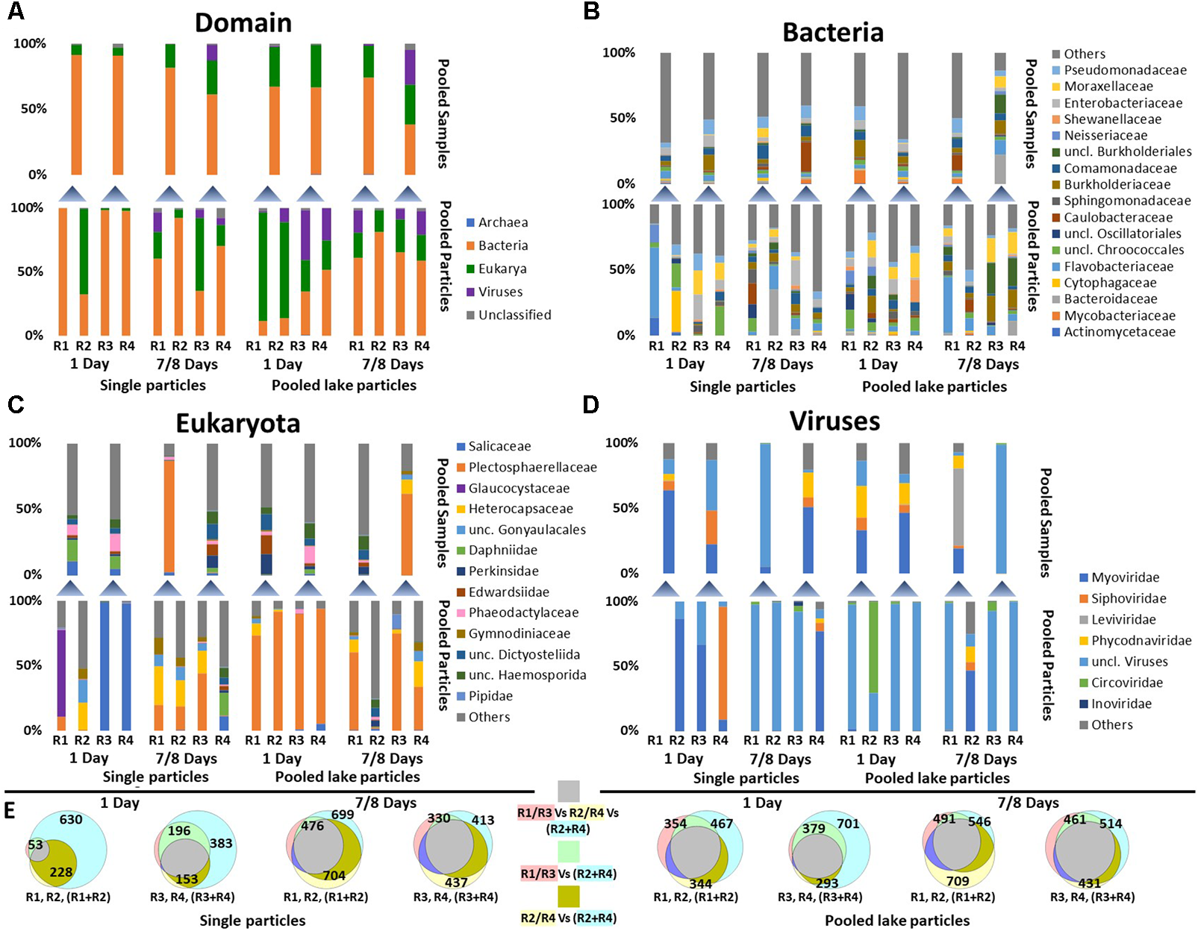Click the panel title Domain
click(243, 23)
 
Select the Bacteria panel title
click(832, 33)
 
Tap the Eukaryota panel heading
click(237, 424)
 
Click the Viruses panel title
click(834, 421)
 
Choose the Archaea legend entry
click(502, 222)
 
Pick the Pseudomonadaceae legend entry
click(1125, 70)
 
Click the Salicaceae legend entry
click(499, 446)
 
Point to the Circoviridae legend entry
click(1126, 683)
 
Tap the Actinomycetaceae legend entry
click(1119, 332)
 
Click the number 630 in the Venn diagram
click(71, 820)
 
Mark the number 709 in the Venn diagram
click(958, 881)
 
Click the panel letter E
click(10, 811)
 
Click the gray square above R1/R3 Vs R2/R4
click(569, 791)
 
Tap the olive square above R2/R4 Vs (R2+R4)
click(569, 896)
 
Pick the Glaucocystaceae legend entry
click(518, 489)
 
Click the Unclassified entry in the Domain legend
click(514, 315)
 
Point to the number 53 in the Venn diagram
click(35, 844)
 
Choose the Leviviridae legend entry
click(1123, 619)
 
